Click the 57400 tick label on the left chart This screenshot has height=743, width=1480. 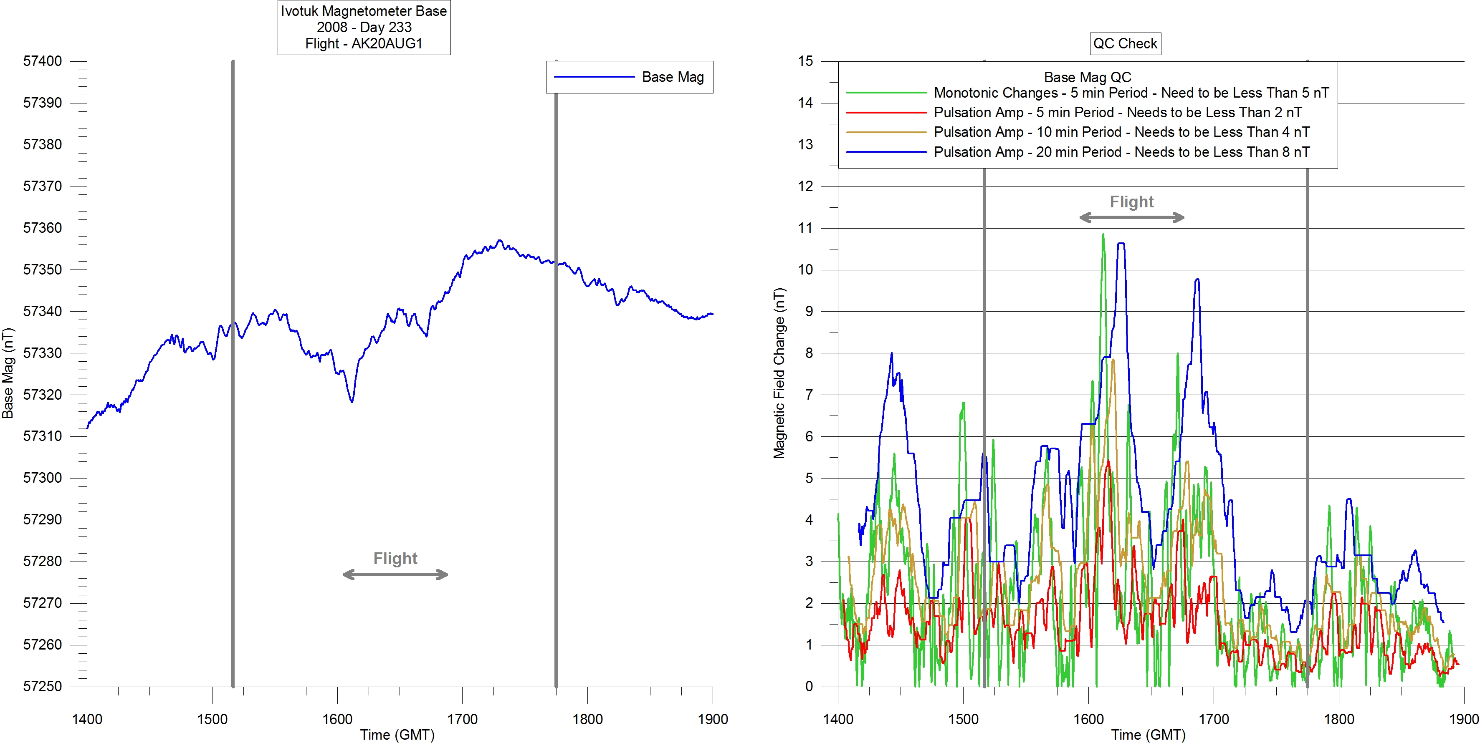(x=42, y=61)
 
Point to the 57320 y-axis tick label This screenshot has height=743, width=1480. (x=42, y=395)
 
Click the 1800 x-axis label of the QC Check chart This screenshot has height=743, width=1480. (x=1338, y=719)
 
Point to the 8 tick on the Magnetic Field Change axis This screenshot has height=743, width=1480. (x=809, y=353)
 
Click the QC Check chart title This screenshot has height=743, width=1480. (x=1125, y=44)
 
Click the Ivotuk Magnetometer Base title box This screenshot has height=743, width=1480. (x=364, y=27)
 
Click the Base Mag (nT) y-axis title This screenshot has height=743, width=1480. (x=8, y=373)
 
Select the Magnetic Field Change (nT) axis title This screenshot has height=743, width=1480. (x=779, y=373)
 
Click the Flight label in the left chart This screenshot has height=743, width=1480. (x=395, y=559)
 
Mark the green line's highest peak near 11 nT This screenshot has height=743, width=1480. (x=1103, y=235)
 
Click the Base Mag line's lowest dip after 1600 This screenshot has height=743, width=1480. (x=352, y=401)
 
